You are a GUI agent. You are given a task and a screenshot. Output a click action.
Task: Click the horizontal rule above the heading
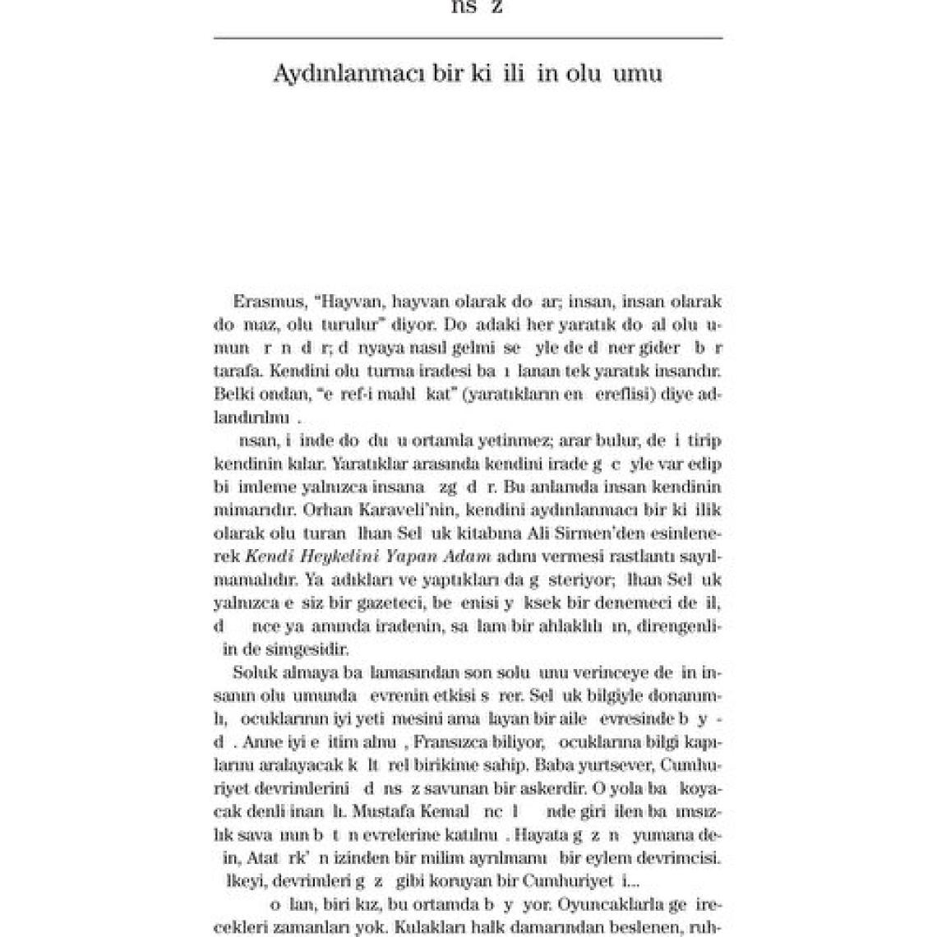pos(468,38)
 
